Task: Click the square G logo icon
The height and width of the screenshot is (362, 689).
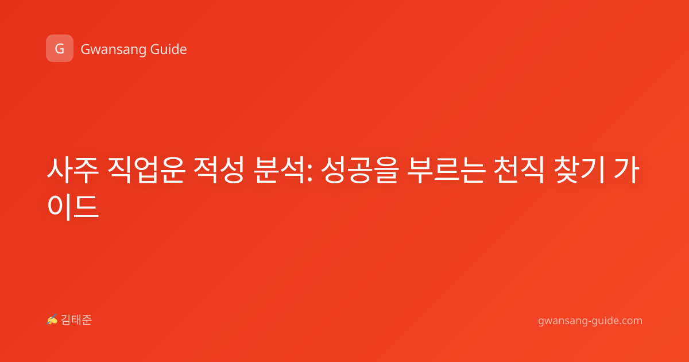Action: pos(60,48)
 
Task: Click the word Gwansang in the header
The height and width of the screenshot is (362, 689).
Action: pos(113,50)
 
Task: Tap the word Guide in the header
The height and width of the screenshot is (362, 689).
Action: pos(169,49)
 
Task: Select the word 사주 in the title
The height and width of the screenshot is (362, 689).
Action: pos(73,170)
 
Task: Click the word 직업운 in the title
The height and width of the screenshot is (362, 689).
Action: pos(146,170)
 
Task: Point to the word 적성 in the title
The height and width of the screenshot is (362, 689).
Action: pos(219,170)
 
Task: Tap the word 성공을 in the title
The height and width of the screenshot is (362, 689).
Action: pos(360,170)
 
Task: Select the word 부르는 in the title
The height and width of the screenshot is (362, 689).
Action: pos(446,170)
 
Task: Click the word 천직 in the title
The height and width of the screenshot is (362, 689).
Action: pos(519,170)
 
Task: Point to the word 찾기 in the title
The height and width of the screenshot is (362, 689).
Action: pos(579,170)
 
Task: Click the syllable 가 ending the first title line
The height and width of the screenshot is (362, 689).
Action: pos(626,170)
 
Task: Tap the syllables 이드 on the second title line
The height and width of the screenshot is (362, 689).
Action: pos(73,206)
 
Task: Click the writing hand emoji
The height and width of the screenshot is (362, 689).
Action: pos(52,319)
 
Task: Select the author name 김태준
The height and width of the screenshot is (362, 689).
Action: pos(76,320)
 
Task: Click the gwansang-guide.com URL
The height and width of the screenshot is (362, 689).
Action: pos(590,321)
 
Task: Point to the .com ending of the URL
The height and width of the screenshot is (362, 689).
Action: pos(630,321)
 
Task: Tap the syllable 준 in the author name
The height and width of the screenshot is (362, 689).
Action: pos(87,320)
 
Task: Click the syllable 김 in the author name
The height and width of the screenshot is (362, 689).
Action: pos(66,320)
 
